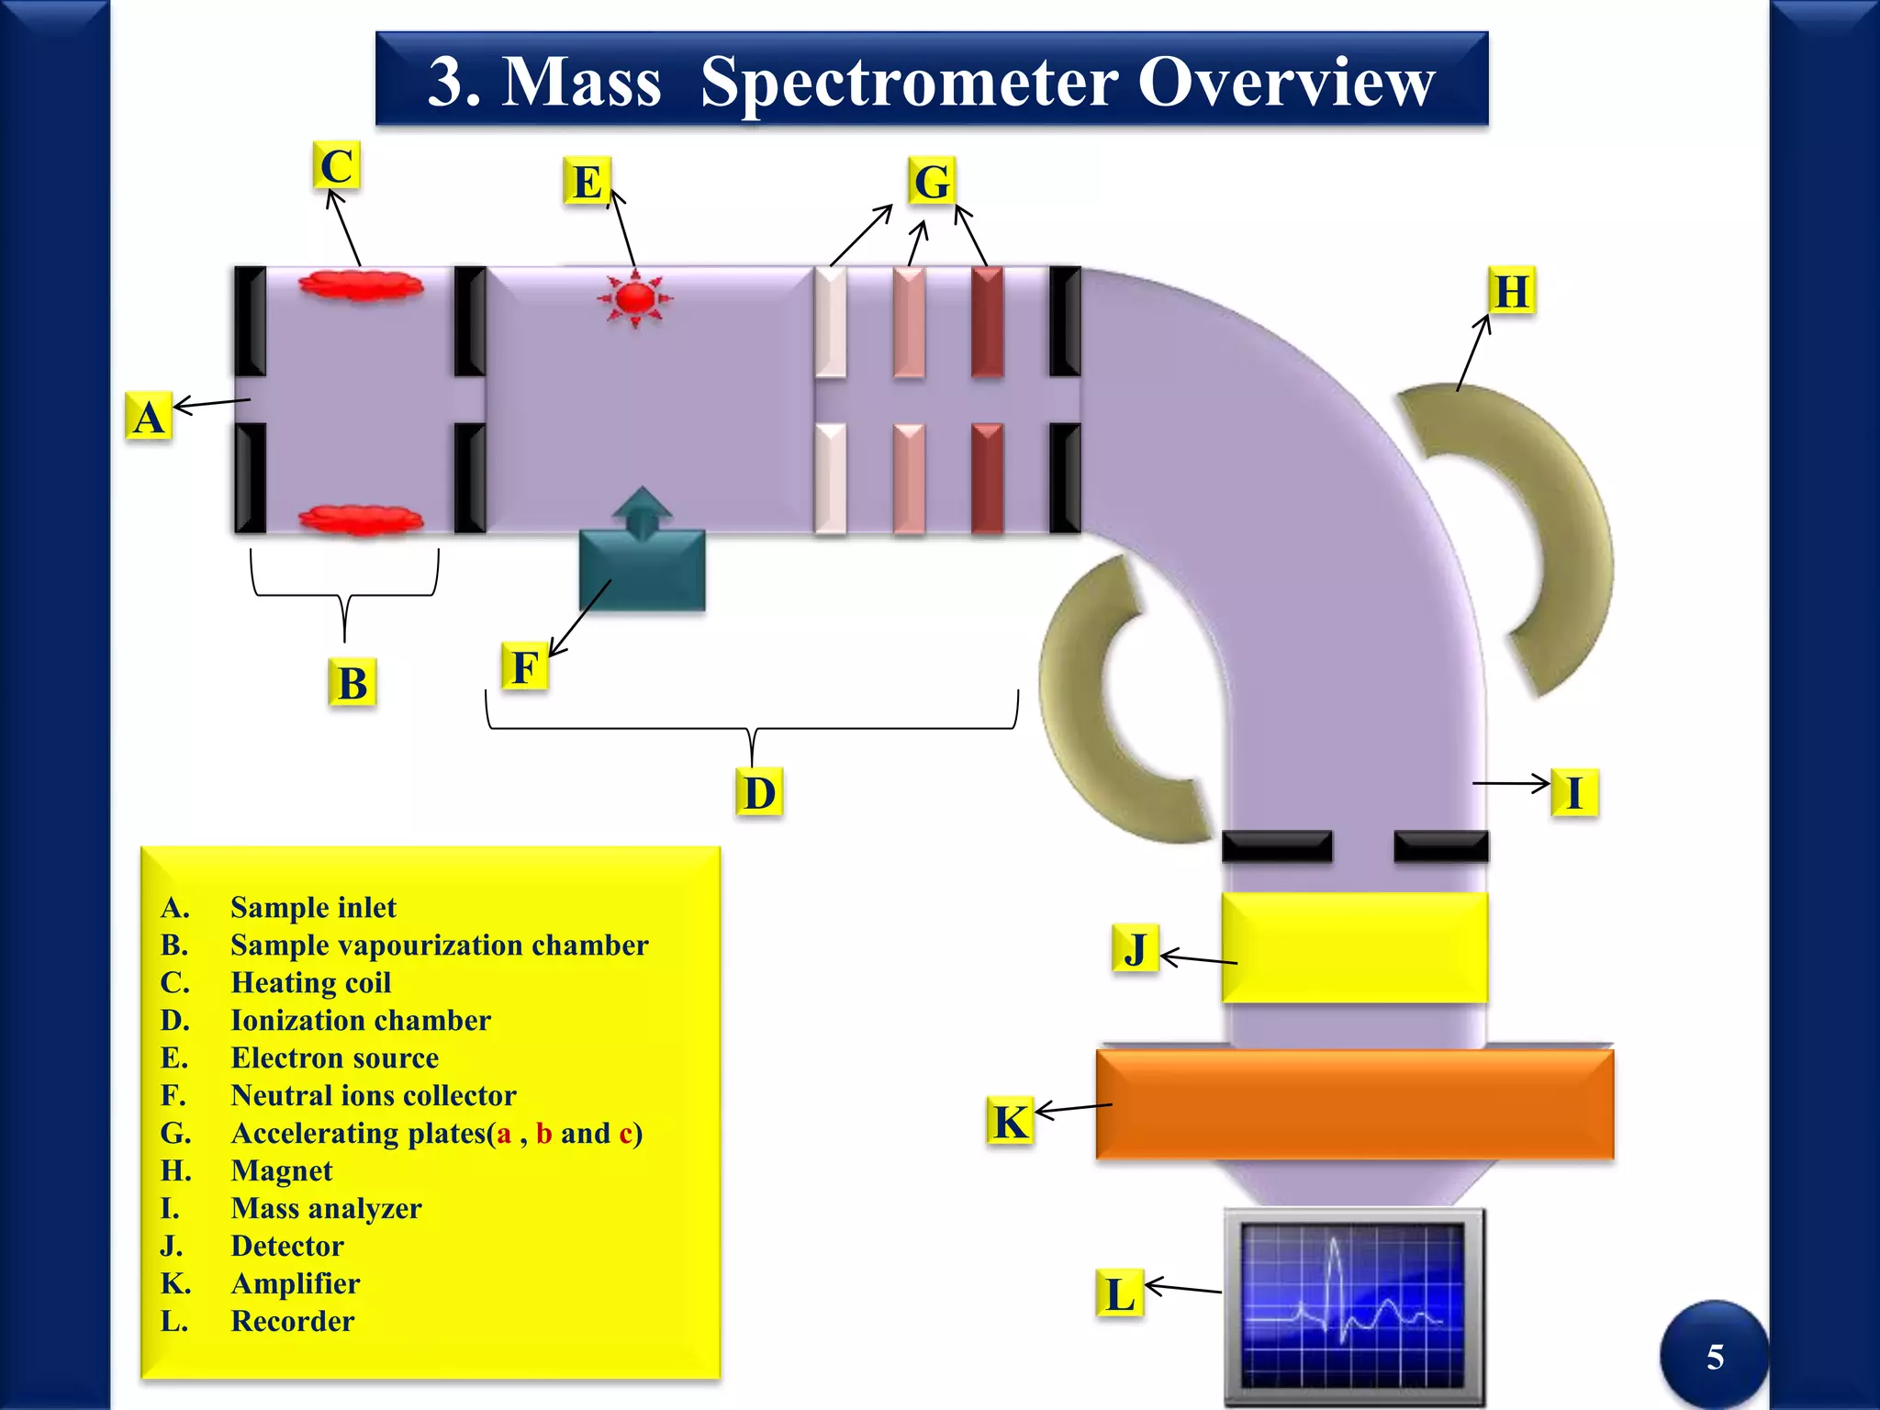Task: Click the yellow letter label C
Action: coord(336,166)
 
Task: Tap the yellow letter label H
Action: coord(1511,291)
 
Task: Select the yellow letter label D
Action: coord(759,793)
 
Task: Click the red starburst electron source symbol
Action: coord(634,298)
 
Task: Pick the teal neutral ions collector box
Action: coord(643,569)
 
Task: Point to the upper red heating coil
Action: coord(361,285)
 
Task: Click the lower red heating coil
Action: coord(361,520)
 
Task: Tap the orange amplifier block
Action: coord(1354,1104)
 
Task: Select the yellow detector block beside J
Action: coord(1354,947)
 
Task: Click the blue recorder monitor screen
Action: coord(1353,1306)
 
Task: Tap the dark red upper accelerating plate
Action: coord(987,321)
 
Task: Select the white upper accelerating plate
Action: coord(831,321)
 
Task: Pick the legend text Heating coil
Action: coord(311,982)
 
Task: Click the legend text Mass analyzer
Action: coord(326,1208)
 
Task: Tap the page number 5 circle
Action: coord(1714,1356)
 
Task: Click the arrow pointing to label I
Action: coord(1510,783)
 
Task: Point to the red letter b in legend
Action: coord(543,1134)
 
